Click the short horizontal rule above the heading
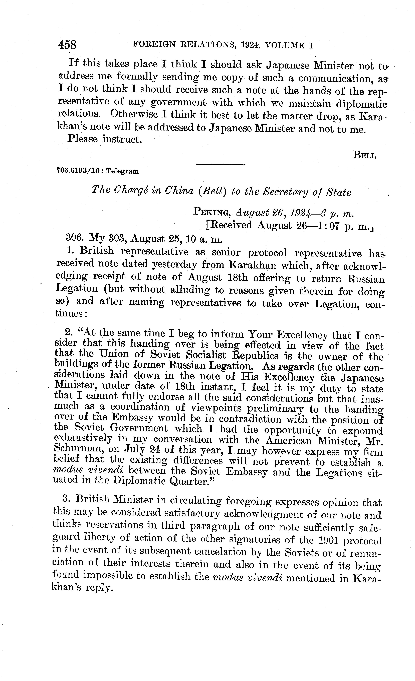pyautogui.click(x=221, y=165)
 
